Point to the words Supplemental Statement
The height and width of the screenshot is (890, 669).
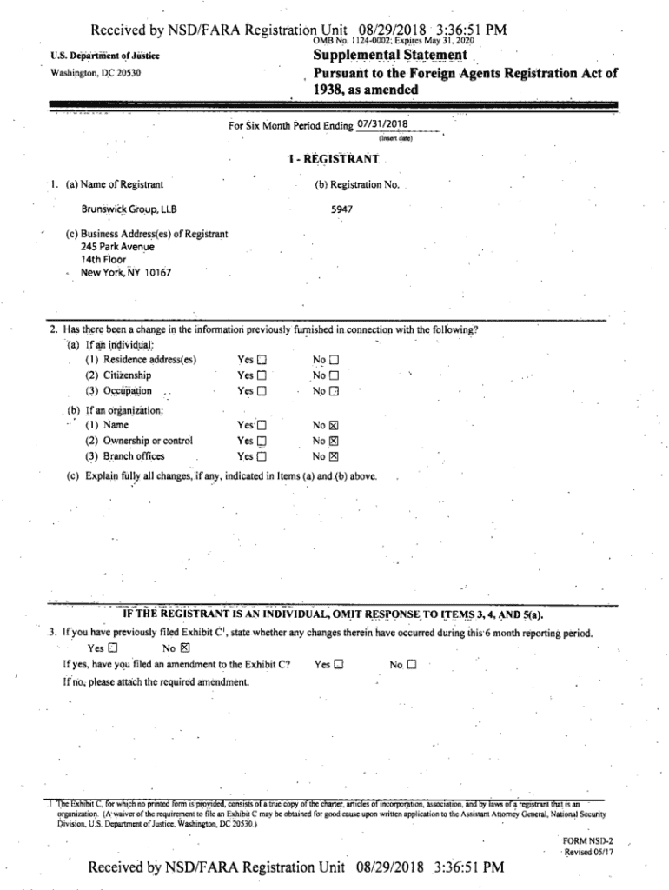coord(390,56)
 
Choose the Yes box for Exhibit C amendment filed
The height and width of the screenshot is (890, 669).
coord(340,665)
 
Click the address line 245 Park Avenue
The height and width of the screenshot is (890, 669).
coord(117,247)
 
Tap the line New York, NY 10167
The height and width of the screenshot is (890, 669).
coord(126,273)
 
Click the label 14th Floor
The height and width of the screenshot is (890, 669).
coord(103,260)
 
